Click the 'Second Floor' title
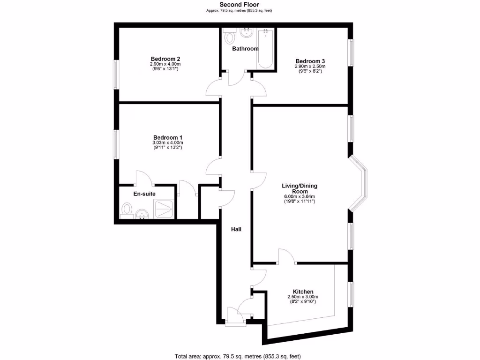(240, 5)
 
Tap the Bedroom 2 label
(165, 59)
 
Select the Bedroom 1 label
(167, 137)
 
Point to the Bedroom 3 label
(310, 61)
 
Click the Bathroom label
(245, 48)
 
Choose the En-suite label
(144, 194)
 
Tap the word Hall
(236, 229)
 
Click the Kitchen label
(303, 292)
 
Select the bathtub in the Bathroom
(266, 49)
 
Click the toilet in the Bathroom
(230, 36)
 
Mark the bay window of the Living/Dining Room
(360, 184)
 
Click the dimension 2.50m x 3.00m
(303, 297)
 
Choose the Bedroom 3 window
(351, 52)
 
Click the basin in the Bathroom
(246, 32)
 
